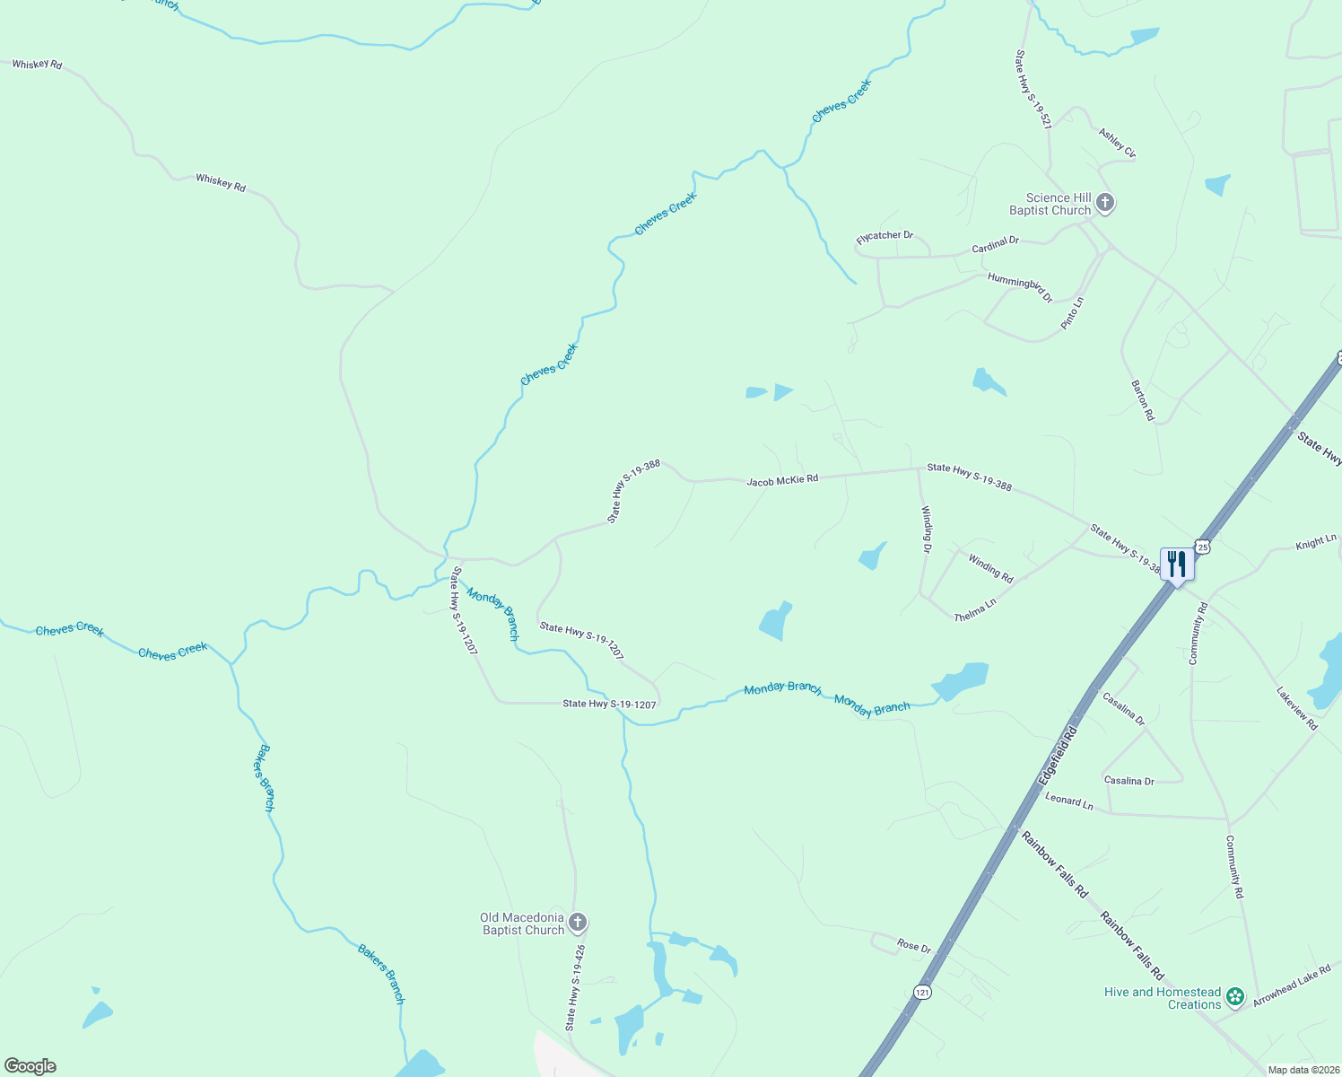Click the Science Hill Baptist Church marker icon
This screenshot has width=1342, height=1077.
tap(1105, 203)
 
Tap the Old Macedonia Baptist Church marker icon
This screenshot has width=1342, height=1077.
tap(578, 923)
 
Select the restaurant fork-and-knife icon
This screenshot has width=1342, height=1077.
tap(1177, 564)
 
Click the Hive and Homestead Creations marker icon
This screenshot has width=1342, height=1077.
tap(1235, 996)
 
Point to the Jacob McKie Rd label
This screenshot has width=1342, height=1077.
tap(782, 480)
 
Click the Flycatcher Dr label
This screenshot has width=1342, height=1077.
tap(884, 236)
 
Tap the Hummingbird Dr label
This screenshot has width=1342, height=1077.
tap(1020, 287)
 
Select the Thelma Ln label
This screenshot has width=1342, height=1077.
tap(974, 610)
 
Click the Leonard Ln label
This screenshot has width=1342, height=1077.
tap(1069, 801)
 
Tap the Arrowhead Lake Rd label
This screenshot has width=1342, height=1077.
tap(1292, 985)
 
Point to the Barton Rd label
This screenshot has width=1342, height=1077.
tap(1142, 400)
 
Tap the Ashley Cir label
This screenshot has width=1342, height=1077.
tap(1117, 144)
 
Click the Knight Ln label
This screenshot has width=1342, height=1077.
tap(1315, 543)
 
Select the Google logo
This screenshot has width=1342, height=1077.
tap(30, 1066)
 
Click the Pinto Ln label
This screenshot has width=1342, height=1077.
tap(1073, 313)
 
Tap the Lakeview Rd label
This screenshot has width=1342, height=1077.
tap(1297, 708)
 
